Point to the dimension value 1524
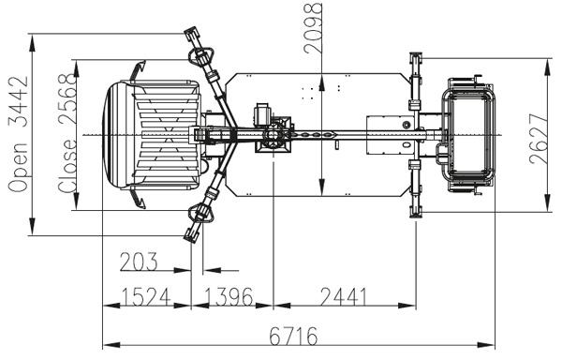pos(144,296)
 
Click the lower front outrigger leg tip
pos(194,230)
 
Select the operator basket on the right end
pos(469,133)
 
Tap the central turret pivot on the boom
pos(272,137)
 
